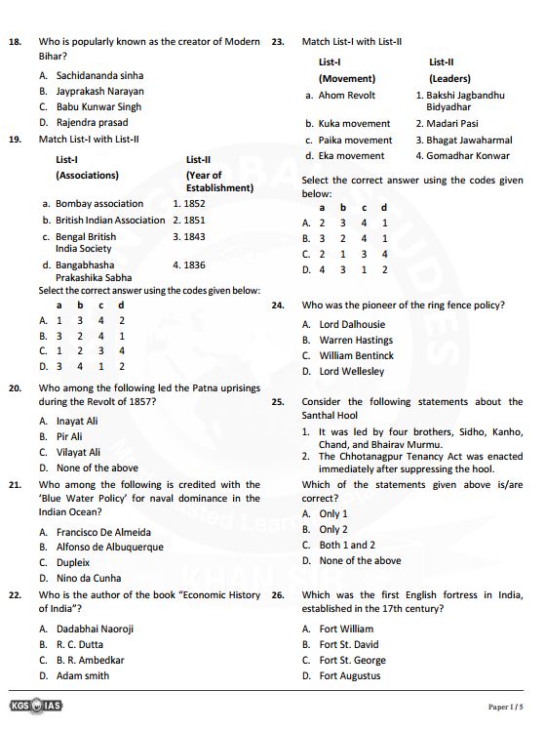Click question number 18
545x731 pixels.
pyautogui.click(x=15, y=42)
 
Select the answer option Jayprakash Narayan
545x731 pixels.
pyautogui.click(x=99, y=91)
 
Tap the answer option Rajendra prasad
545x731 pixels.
pyautogui.click(x=92, y=122)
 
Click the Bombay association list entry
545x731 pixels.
pyautogui.click(x=98, y=204)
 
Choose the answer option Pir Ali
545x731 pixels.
pyautogui.click(x=69, y=436)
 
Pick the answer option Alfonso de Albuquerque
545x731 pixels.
pyautogui.click(x=109, y=547)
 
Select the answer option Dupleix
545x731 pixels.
pyautogui.click(x=73, y=562)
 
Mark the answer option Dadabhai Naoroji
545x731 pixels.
pyautogui.click(x=95, y=629)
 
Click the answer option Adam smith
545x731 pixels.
pyautogui.click(x=83, y=675)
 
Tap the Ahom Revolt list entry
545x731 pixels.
pyautogui.click(x=346, y=96)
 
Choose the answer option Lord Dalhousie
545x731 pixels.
pyautogui.click(x=352, y=324)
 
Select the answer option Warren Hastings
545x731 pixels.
pyautogui.click(x=356, y=340)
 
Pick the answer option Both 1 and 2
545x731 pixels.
pyautogui.click(x=347, y=545)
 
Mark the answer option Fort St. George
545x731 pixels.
pyautogui.click(x=352, y=660)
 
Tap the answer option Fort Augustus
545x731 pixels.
pyautogui.click(x=350, y=675)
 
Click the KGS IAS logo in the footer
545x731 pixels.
pyautogui.click(x=34, y=706)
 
